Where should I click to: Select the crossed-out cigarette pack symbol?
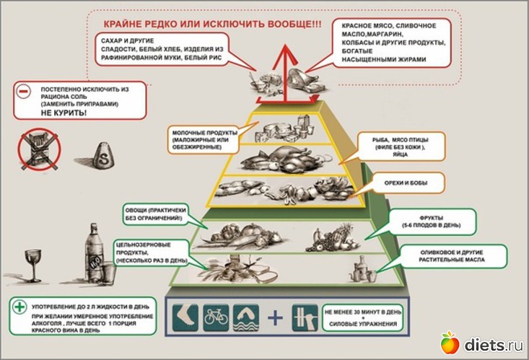[x=39, y=150]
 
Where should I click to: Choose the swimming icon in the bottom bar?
[x=247, y=317]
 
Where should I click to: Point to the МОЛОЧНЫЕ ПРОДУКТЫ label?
[x=205, y=137]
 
